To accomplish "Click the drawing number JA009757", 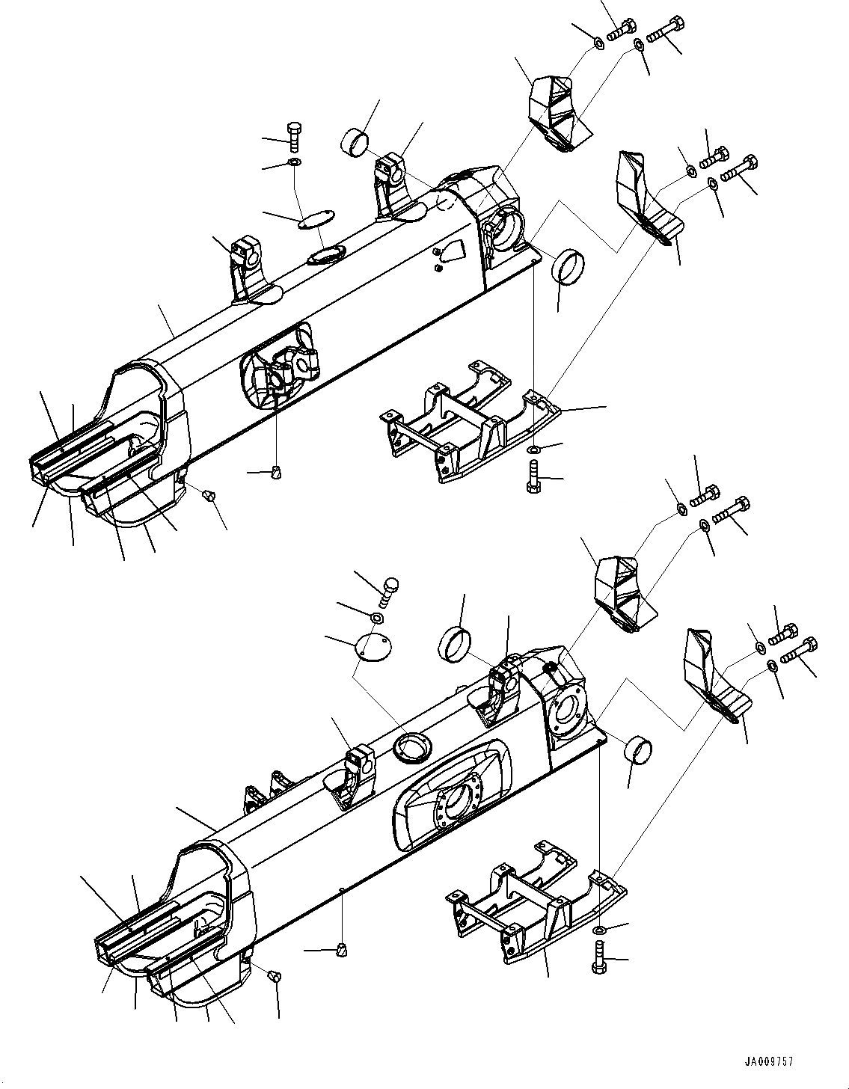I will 768,1061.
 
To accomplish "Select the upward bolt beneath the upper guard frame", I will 533,476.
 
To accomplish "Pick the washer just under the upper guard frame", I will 533,450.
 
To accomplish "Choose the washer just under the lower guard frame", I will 600,930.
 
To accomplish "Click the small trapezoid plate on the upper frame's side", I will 452,249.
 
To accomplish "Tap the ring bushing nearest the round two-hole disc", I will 454,644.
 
